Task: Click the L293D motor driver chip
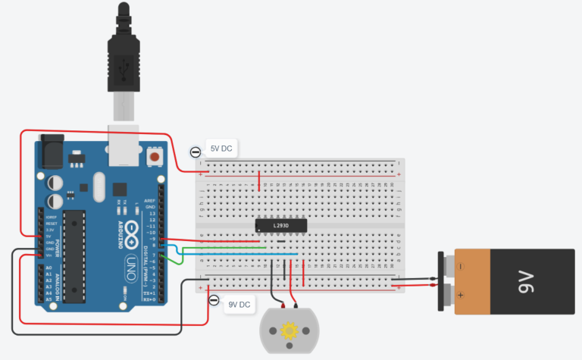point(280,225)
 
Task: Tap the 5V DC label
point(221,149)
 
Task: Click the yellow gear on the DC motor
point(289,330)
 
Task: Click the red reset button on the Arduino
point(155,157)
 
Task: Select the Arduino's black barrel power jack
point(52,150)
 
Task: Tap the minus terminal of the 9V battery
point(458,267)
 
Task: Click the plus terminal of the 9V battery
point(458,294)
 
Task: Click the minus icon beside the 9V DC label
point(214,302)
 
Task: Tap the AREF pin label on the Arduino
point(149,201)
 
